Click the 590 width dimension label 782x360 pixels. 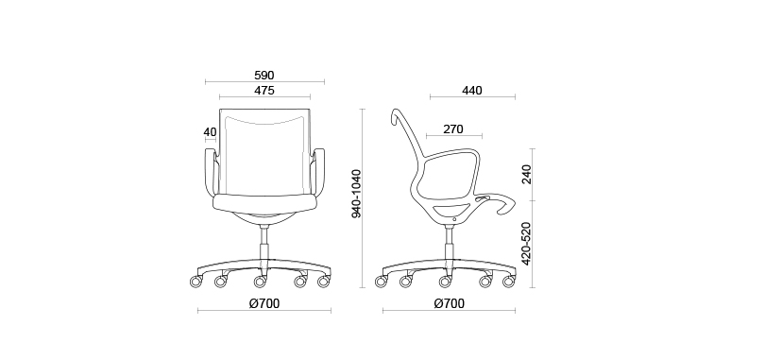tap(264, 75)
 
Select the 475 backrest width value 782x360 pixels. tap(264, 91)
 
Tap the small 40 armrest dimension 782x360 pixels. tap(210, 132)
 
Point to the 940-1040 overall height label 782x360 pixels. tap(356, 194)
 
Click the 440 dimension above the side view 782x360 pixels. tap(472, 91)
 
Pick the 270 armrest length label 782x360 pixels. tap(453, 129)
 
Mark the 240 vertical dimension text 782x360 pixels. tap(526, 174)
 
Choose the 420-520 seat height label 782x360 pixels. tap(526, 243)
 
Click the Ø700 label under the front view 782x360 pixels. tap(264, 303)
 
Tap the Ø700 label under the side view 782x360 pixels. tap(449, 303)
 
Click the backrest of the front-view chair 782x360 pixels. tap(264, 151)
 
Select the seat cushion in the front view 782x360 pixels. tap(264, 201)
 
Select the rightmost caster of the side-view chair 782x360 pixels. tap(511, 281)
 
